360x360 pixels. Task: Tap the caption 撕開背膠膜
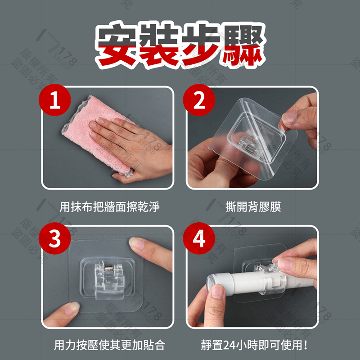[253, 207]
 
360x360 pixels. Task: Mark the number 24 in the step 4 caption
[239, 346]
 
